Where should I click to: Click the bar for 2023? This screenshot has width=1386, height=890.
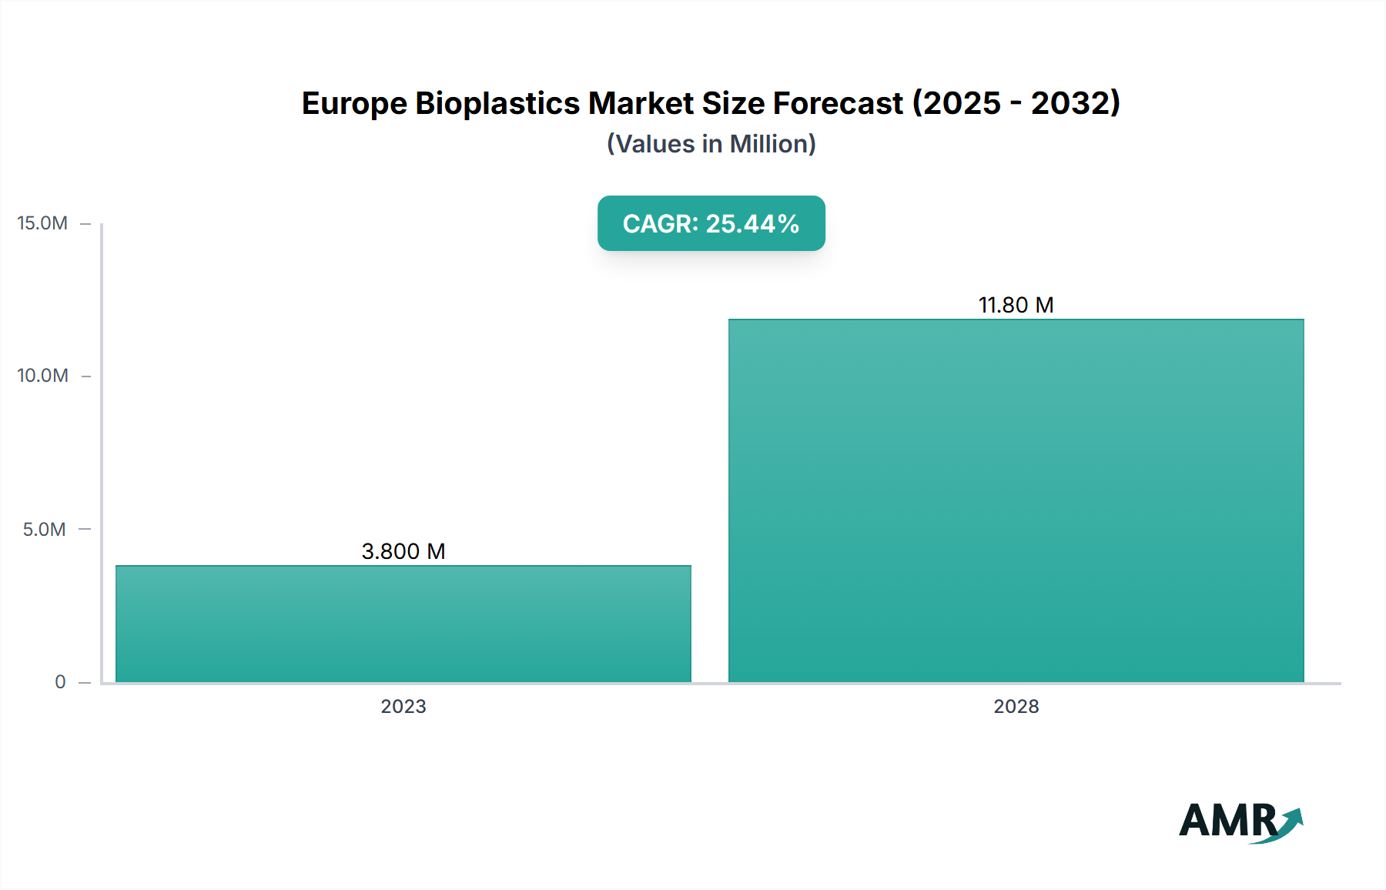403,624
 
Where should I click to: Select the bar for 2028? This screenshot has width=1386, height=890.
1016,500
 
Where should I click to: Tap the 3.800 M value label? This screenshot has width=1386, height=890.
403,551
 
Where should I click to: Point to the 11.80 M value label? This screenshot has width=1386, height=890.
1016,306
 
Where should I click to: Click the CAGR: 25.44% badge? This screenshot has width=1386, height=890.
711,223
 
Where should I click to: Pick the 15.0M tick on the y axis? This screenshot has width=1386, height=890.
42,223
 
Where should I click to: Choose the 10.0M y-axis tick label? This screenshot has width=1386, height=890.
42,376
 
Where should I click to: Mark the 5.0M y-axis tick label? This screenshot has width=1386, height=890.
44,529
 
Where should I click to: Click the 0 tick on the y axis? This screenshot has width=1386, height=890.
60,682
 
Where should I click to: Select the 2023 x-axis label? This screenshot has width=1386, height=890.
403,707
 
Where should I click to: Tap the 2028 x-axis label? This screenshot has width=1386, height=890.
1016,707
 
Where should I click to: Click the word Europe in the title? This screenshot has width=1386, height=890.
353,104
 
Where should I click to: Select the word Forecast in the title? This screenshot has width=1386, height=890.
838,104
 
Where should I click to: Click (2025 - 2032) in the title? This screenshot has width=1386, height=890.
1016,104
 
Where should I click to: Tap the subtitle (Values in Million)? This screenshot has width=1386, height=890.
711,144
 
